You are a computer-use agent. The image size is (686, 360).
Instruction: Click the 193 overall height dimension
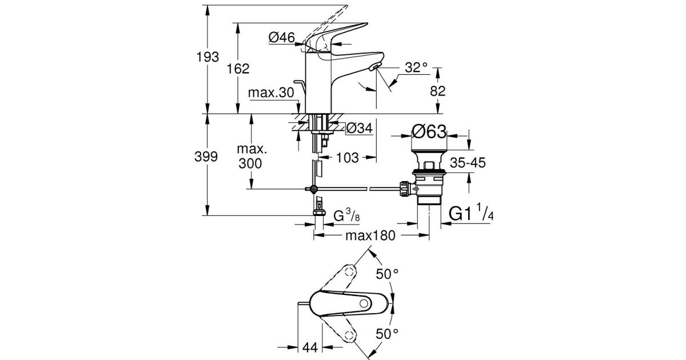tap(208, 58)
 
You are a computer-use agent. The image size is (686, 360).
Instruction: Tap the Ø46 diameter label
tap(281, 38)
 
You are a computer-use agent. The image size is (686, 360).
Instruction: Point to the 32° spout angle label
tap(416, 67)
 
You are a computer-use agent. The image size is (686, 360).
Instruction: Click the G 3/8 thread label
tap(347, 216)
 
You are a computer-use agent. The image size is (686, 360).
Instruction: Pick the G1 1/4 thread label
tap(472, 214)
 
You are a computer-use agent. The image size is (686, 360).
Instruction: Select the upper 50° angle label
tap(387, 274)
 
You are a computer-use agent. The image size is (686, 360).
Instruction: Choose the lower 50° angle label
tap(387, 333)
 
